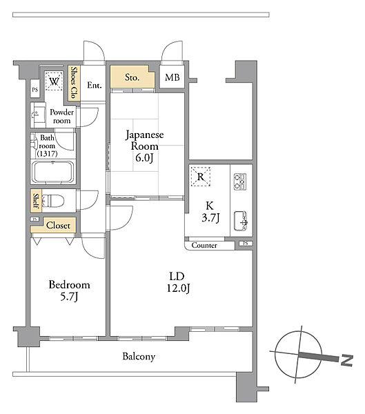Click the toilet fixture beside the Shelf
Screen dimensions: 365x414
click(x=53, y=200)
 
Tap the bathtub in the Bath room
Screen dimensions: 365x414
click(x=52, y=172)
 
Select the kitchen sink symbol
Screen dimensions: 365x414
click(x=241, y=221)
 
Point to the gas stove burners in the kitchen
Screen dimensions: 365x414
click(x=240, y=181)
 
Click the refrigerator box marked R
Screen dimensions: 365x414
click(x=201, y=177)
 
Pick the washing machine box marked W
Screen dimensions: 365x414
click(x=54, y=81)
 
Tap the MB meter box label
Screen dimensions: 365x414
click(x=172, y=77)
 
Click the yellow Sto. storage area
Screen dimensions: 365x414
click(x=132, y=77)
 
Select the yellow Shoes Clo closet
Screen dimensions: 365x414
click(x=74, y=83)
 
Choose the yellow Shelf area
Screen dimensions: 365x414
click(x=36, y=201)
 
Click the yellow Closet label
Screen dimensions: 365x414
click(x=58, y=226)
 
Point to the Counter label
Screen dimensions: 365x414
click(x=204, y=245)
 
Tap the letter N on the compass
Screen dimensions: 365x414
click(x=346, y=361)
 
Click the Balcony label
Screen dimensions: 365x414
click(x=139, y=357)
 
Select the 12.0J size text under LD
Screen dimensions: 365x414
click(x=178, y=288)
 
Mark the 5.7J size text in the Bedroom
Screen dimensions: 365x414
click(x=69, y=297)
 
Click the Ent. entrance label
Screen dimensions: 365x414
click(x=95, y=85)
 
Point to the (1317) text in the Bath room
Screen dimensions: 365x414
click(x=48, y=154)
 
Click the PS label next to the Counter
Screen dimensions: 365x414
click(x=246, y=243)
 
